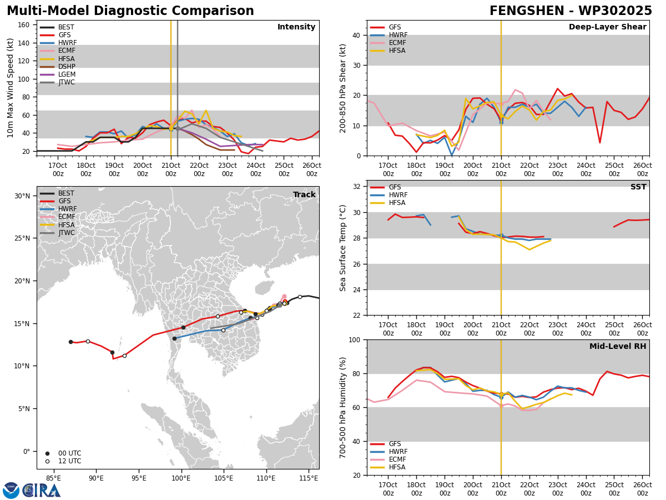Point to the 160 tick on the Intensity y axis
23,25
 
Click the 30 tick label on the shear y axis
356,65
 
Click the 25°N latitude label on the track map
22,238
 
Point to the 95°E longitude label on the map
139,478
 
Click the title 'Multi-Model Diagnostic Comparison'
130,11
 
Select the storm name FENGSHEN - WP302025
571,11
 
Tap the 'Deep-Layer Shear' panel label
607,27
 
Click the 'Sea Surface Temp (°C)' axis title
342,248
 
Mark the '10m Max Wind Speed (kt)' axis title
10,88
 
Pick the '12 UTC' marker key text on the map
70,461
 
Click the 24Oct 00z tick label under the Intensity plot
256,169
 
